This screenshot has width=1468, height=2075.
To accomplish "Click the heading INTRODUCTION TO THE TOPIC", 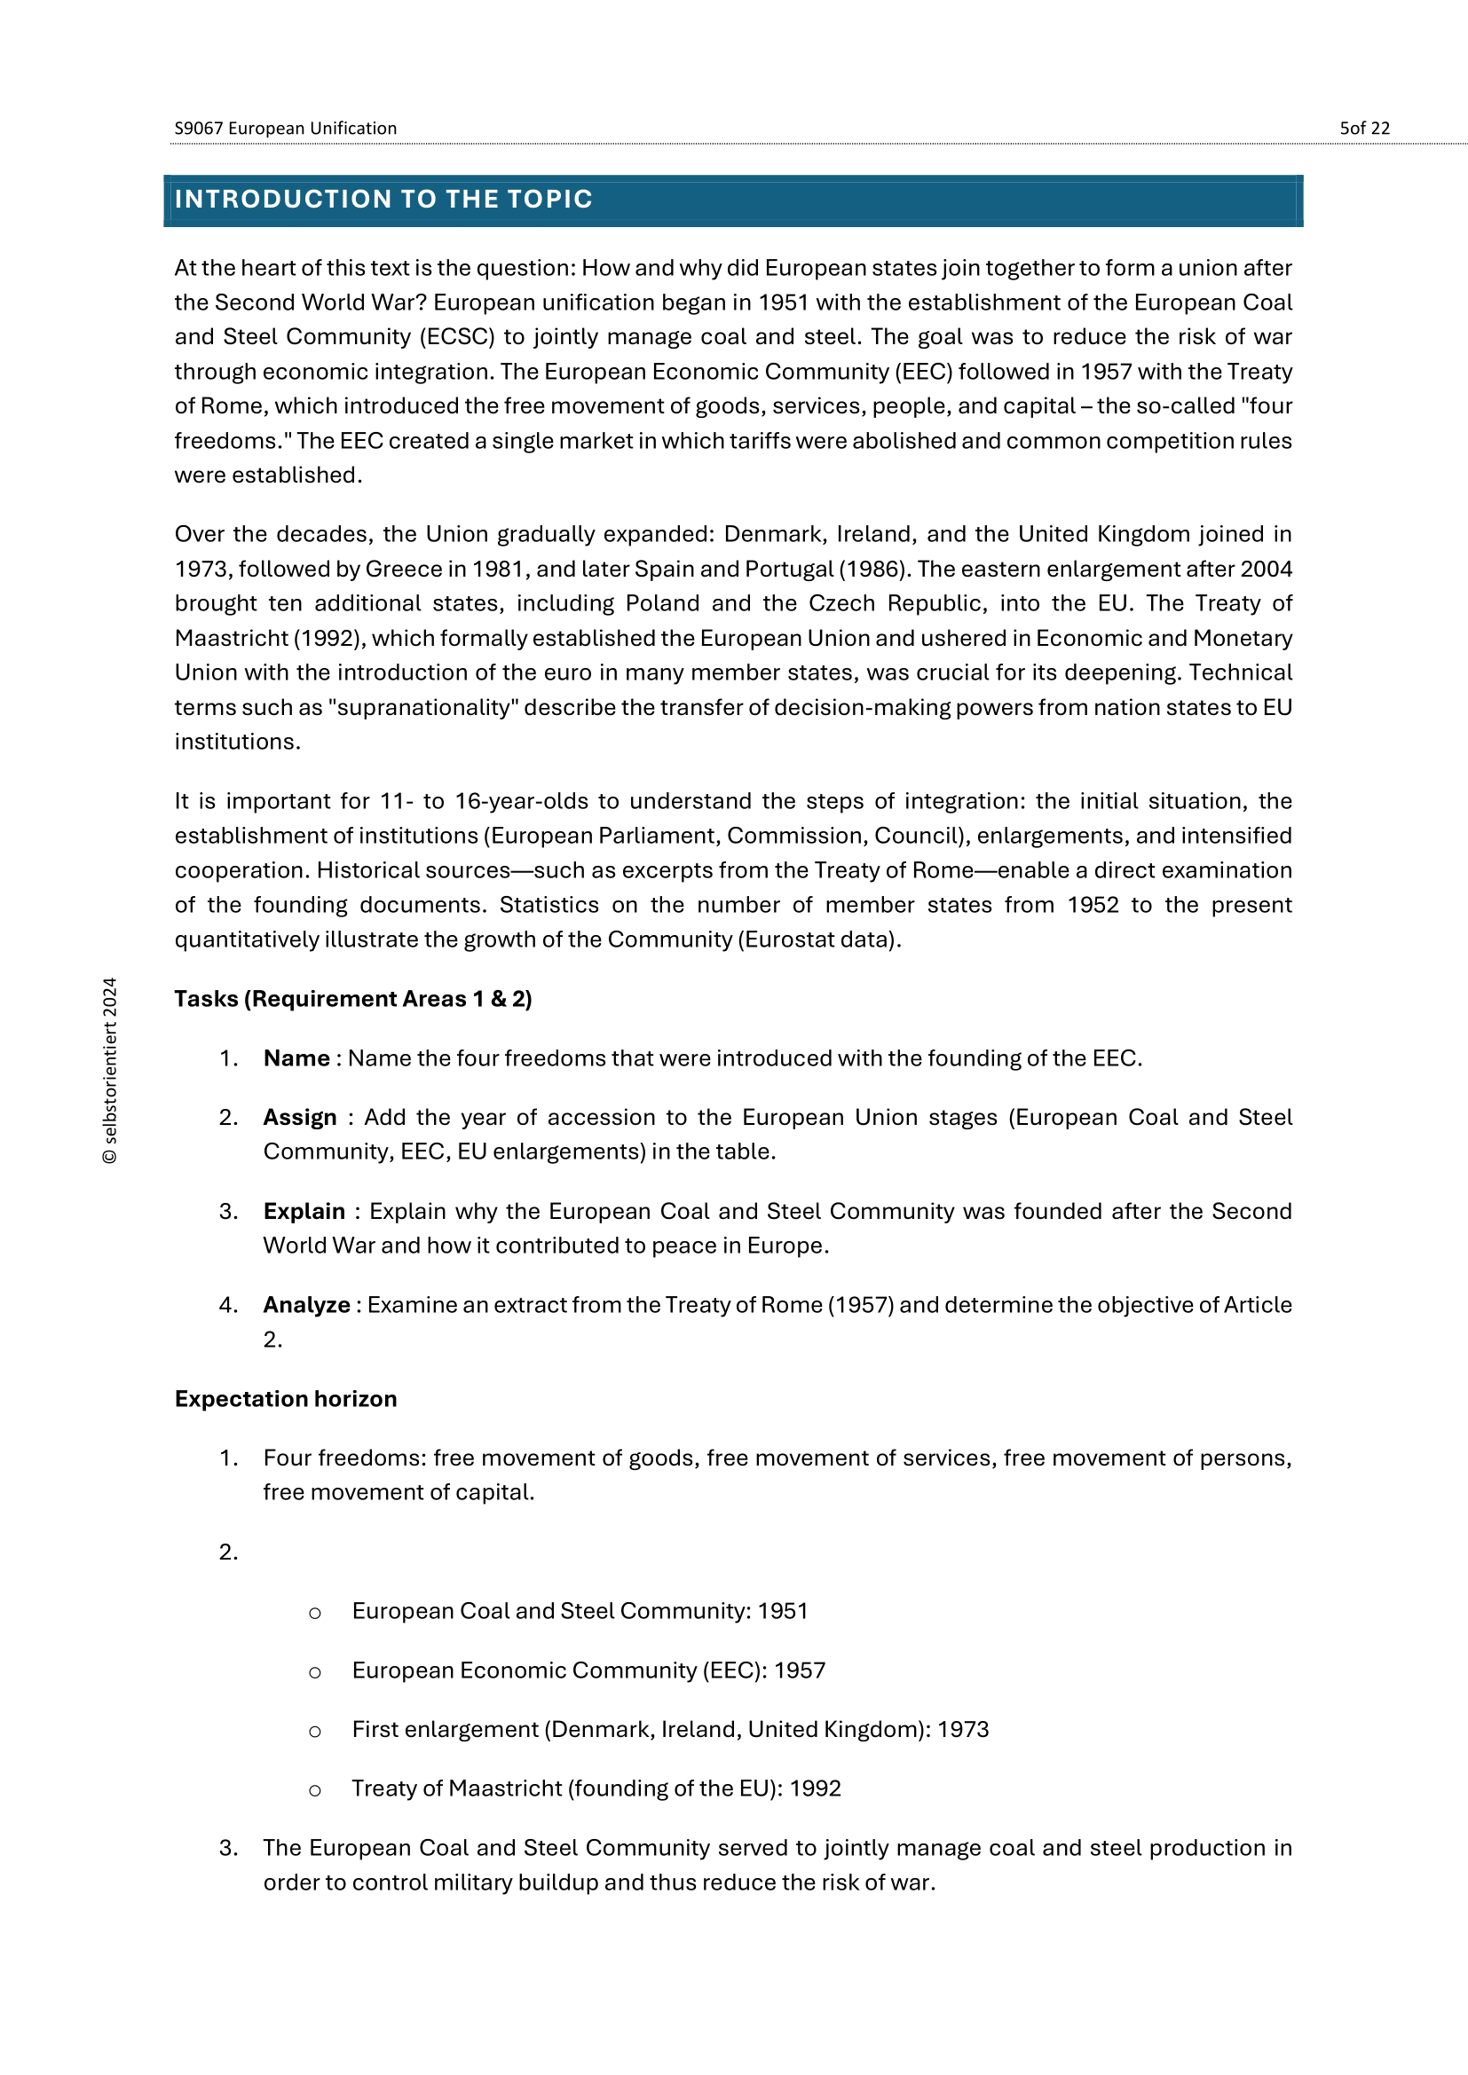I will (x=383, y=199).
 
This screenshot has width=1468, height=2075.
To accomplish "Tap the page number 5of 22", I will (x=1364, y=129).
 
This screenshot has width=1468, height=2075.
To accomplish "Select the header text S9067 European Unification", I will (x=286, y=129).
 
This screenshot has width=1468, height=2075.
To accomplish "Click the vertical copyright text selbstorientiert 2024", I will (x=110, y=1070).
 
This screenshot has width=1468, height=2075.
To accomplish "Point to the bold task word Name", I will (x=296, y=1058).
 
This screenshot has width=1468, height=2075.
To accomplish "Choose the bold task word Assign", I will (x=299, y=1118).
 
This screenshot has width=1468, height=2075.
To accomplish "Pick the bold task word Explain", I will (x=304, y=1212).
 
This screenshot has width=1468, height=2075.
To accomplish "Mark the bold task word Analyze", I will (x=306, y=1306).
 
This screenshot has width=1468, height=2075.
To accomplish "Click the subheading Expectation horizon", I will (x=286, y=1400).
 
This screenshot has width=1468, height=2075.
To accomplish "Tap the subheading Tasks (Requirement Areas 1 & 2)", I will (x=352, y=1000).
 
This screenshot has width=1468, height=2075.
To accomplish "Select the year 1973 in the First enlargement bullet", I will (x=963, y=1730).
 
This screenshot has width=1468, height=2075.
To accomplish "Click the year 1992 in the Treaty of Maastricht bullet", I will (x=815, y=1789).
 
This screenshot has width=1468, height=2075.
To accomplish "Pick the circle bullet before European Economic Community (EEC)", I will (x=314, y=1673).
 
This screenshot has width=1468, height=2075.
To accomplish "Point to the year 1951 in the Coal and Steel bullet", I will (x=782, y=1611).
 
